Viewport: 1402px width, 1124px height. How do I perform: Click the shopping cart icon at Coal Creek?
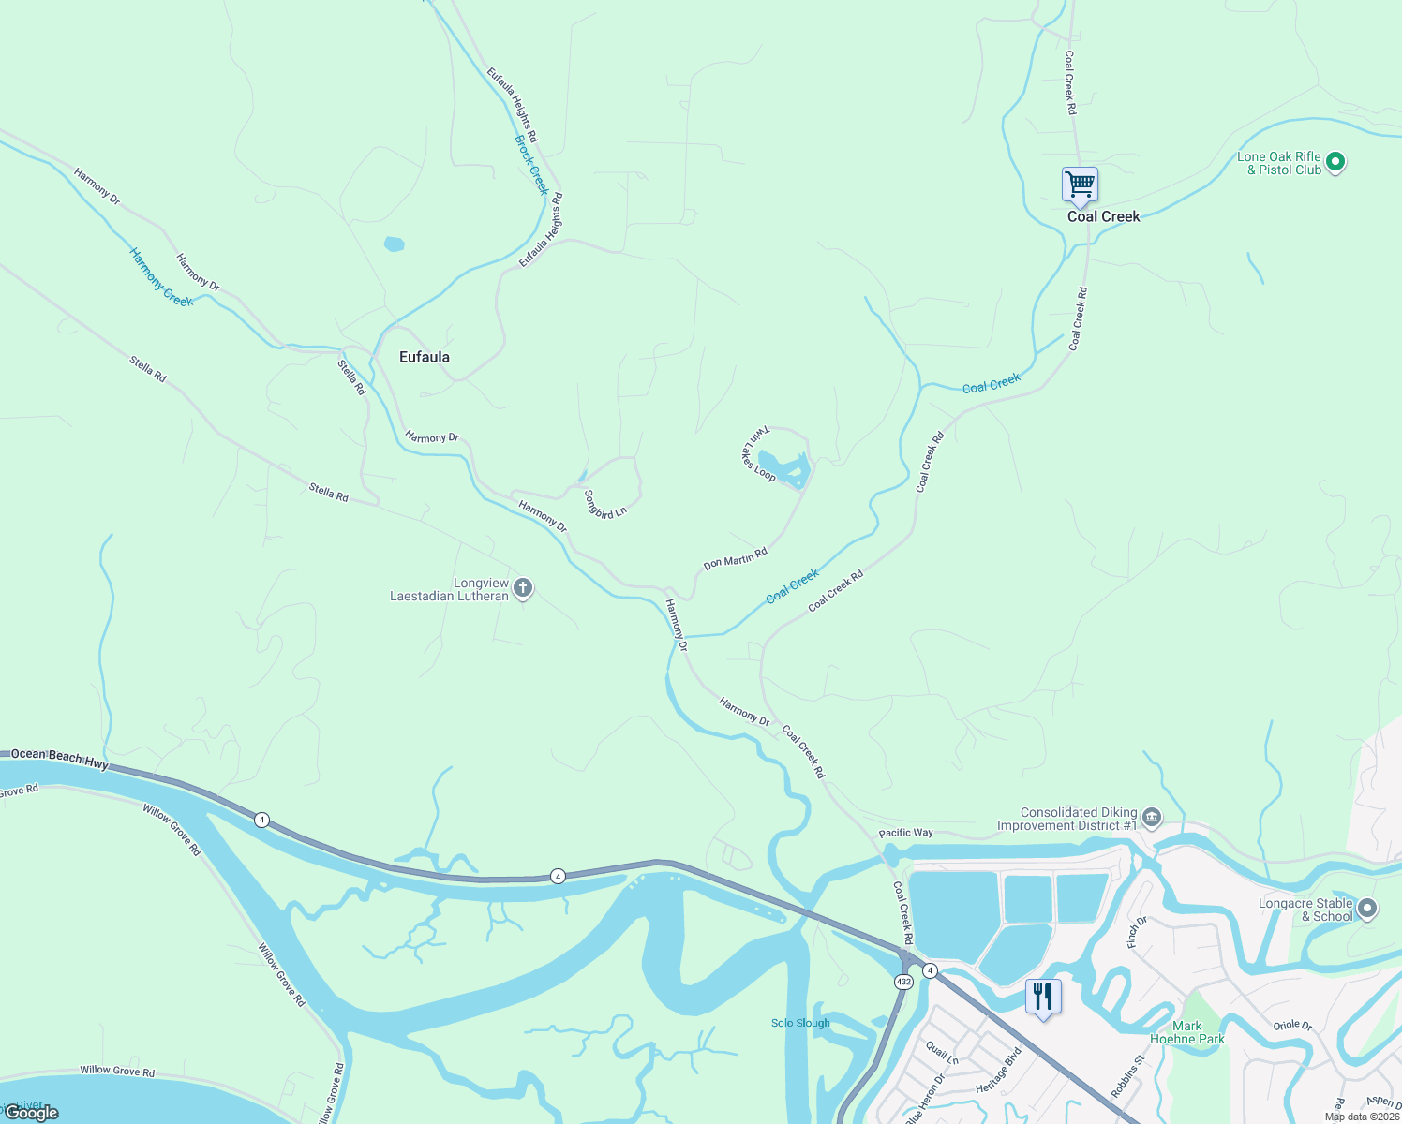[x=1080, y=185]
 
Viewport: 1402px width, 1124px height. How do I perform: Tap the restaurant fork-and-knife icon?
[x=1043, y=997]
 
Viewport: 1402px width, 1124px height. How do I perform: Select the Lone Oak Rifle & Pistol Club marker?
[x=1336, y=163]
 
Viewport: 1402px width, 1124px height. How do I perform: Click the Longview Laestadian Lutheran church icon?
[x=523, y=589]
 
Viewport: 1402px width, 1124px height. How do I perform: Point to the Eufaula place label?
[x=425, y=357]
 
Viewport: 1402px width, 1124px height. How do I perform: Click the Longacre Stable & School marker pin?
[x=1367, y=908]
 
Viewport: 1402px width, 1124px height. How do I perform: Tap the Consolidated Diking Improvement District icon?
[x=1152, y=819]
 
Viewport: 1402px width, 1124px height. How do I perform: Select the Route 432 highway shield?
[x=902, y=982]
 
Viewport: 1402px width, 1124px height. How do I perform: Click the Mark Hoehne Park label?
[x=1187, y=1032]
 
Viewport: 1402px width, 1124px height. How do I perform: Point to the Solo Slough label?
[x=800, y=1023]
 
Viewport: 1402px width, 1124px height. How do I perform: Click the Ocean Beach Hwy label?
[x=60, y=759]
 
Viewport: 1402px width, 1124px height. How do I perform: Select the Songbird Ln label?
[x=604, y=505]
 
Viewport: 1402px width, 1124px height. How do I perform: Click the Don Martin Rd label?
[x=736, y=559]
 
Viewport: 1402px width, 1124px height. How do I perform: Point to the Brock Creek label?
[x=531, y=165]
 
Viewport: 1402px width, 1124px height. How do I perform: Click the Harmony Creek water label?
[x=161, y=277]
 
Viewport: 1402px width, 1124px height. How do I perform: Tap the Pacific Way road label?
[x=905, y=833]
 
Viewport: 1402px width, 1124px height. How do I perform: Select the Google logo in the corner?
[x=32, y=1113]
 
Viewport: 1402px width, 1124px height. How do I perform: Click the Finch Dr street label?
[x=1137, y=932]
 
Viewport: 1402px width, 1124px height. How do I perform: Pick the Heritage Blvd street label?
[x=998, y=1070]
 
